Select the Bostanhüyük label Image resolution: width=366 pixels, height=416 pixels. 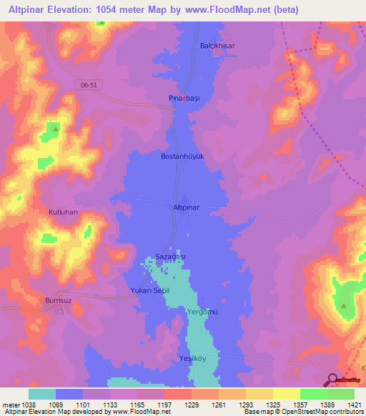click(x=183, y=155)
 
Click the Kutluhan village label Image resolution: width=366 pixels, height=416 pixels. click(x=62, y=213)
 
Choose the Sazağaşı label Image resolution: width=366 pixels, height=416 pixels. click(x=171, y=257)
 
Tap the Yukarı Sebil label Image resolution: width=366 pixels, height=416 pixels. click(x=149, y=291)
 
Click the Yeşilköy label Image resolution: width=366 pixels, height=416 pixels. click(x=192, y=359)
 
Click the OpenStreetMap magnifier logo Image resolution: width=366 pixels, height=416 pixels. click(x=332, y=380)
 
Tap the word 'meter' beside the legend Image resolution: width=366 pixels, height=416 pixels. click(x=11, y=405)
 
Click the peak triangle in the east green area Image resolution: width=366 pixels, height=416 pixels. click(x=344, y=306)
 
